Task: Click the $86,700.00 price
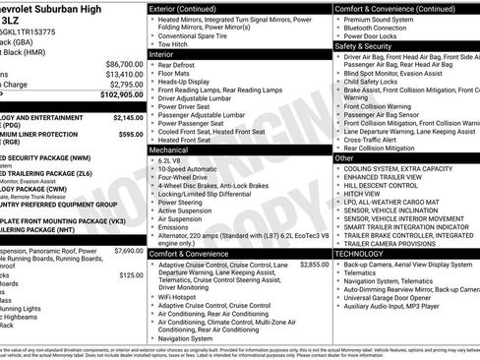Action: (121, 62)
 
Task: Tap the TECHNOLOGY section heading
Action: (359, 253)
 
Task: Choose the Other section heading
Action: (344, 157)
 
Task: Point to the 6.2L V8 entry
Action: (174, 159)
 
